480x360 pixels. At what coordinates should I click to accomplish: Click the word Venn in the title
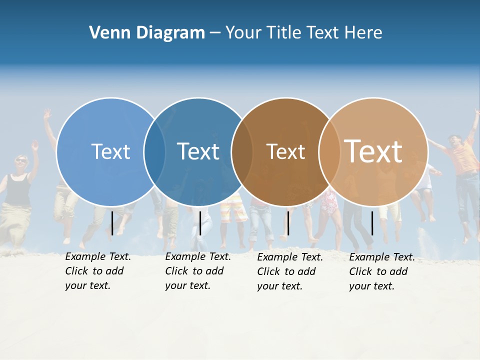pos(108,33)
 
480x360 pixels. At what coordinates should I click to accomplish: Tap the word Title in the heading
pos(285,33)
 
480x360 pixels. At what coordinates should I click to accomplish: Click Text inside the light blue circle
pos(110,151)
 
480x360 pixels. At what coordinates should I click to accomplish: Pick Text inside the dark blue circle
pos(198,151)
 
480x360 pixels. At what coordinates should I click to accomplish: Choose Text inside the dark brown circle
pos(285,151)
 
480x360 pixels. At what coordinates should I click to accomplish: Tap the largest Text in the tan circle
pos(373,151)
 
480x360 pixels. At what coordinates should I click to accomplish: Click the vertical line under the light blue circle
pos(112,223)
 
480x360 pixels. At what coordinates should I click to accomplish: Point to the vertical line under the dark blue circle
pos(200,223)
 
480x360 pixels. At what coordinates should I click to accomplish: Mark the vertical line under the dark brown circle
pos(288,223)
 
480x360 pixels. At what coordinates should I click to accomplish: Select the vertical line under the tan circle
pos(372,223)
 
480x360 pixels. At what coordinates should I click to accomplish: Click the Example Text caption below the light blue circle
pos(97,271)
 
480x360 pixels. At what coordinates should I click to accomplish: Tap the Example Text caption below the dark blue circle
pos(197,271)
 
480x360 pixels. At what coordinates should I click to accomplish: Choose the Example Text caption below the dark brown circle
pos(290,271)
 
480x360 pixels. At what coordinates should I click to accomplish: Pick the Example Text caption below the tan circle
pos(381,271)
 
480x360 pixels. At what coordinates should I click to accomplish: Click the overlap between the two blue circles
pos(154,151)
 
